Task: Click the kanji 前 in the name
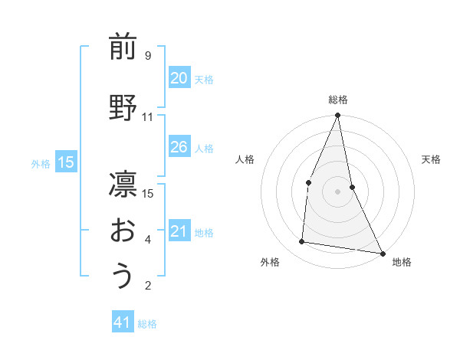123,47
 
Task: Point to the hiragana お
123,231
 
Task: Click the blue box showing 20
179,78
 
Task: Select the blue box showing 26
179,147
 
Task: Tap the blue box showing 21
179,231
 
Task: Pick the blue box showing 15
66,162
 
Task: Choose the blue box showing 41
123,323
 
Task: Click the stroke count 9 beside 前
147,56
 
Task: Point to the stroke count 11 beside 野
147,117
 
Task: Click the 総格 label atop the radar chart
337,100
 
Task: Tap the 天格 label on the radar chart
431,159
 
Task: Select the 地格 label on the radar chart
402,262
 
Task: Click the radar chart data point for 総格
337,116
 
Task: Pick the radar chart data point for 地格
382,253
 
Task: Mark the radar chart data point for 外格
302,242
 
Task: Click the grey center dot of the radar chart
337,191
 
